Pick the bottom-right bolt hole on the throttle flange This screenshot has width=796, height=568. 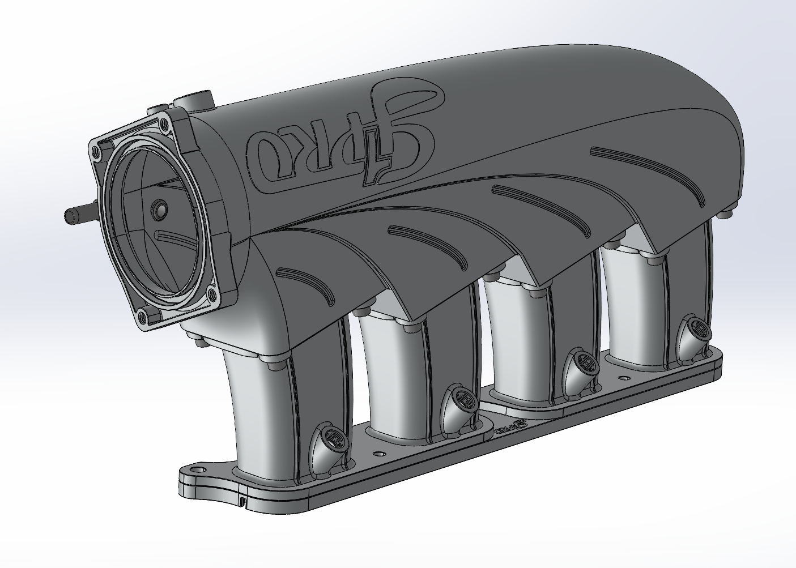(x=212, y=293)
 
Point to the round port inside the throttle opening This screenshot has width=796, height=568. (x=158, y=210)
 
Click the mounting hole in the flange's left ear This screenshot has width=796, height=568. (x=199, y=469)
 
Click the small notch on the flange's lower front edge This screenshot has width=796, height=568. (x=242, y=501)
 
